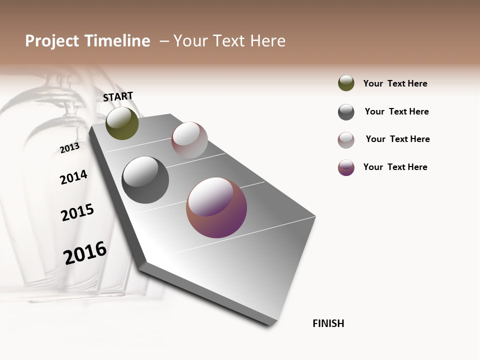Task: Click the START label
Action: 118,96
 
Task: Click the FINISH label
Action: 328,323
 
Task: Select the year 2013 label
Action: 69,148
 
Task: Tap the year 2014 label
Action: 73,177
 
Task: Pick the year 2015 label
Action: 77,212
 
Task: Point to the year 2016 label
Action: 85,253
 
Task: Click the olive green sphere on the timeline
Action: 122,123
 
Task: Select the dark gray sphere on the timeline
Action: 145,180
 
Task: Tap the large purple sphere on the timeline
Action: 216,207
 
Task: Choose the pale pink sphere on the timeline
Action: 189,140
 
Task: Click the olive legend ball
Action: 346,83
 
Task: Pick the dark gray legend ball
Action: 346,112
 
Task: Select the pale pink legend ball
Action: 346,140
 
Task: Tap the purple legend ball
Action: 346,167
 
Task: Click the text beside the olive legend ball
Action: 395,83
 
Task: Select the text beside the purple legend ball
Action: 395,167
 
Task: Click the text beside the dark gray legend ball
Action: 396,111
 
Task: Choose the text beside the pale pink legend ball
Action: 397,139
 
